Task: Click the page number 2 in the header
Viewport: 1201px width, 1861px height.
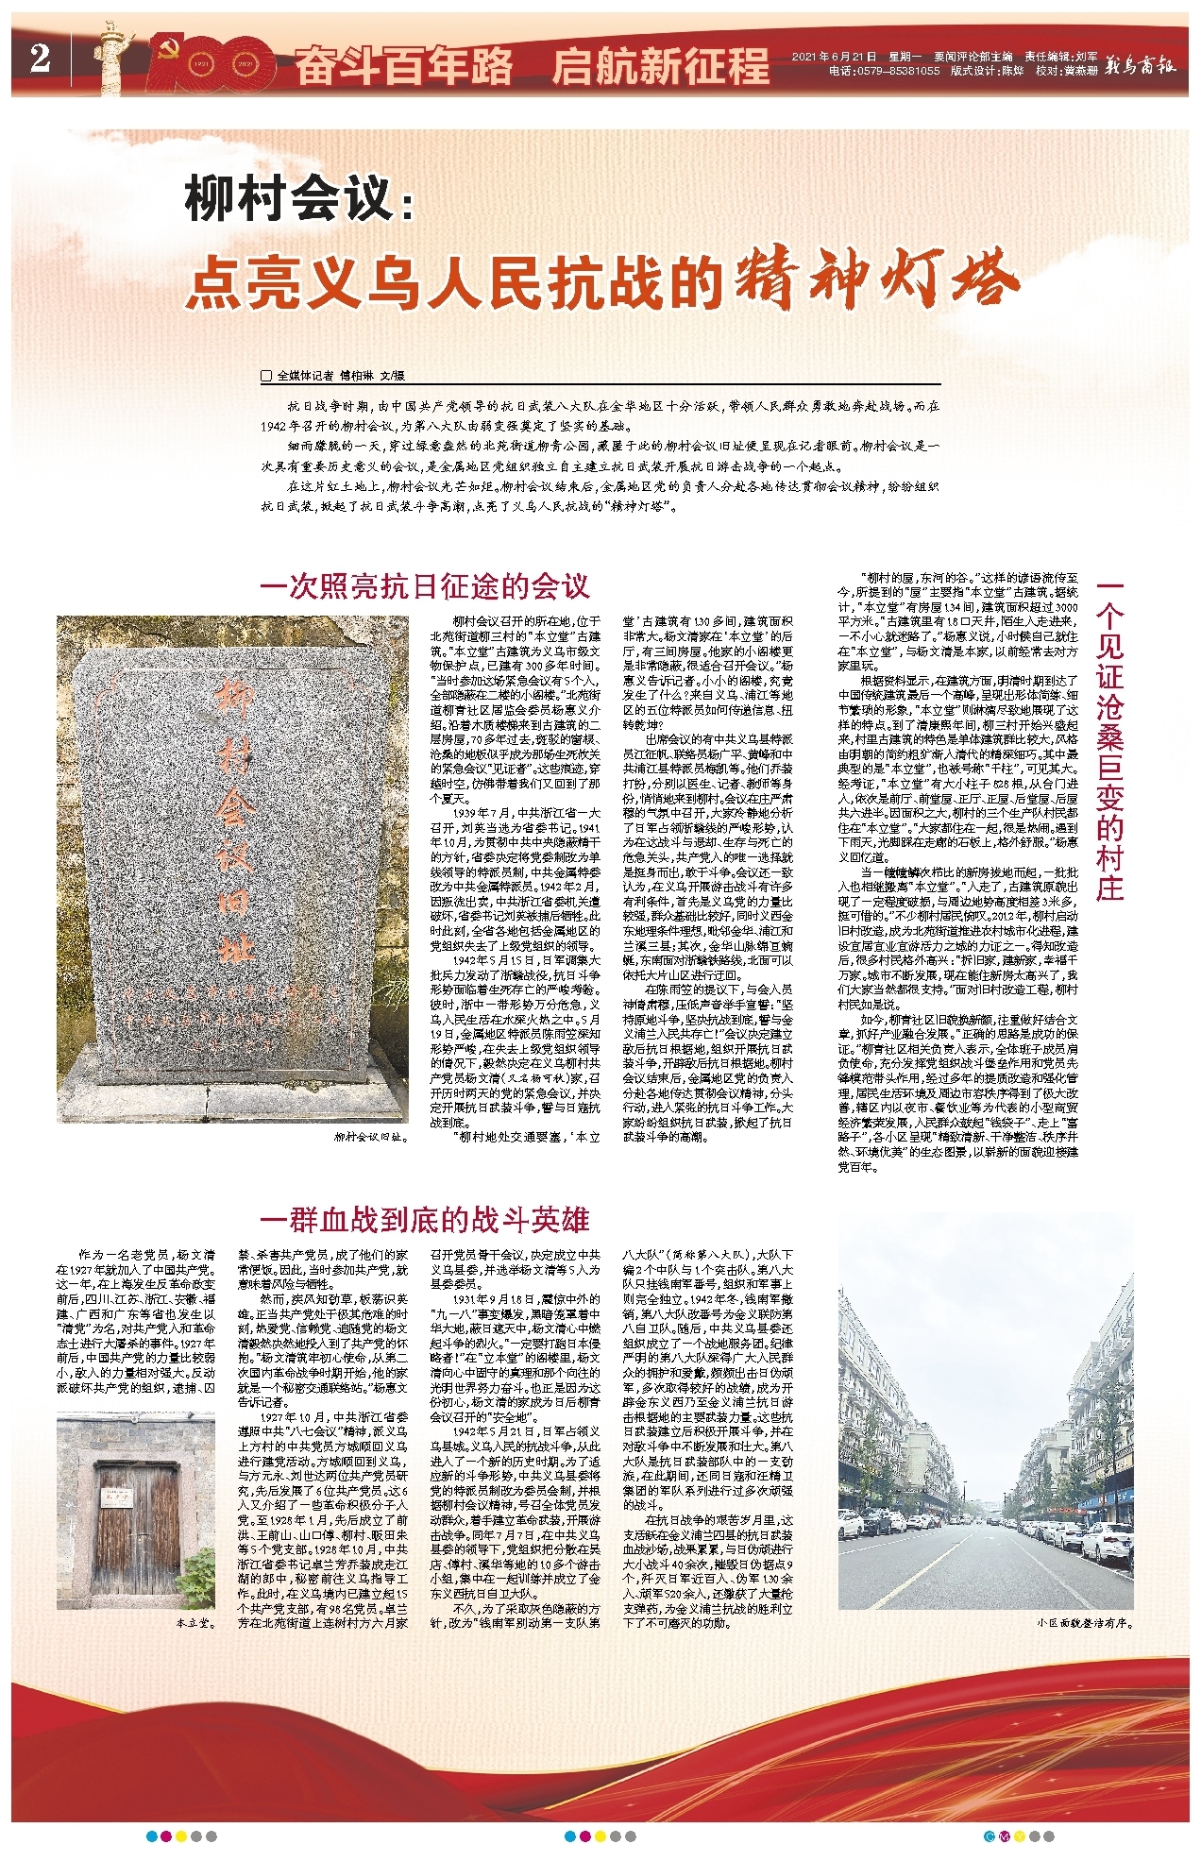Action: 39,59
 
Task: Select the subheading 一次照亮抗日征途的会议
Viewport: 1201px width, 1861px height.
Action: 425,586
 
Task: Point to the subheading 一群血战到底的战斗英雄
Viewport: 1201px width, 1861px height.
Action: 425,1219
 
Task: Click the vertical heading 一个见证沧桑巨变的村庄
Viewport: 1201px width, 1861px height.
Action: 1110,741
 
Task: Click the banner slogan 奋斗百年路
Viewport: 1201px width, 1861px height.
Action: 404,66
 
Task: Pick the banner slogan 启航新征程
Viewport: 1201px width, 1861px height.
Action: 660,66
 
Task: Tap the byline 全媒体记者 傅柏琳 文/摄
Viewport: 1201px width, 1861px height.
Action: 339,376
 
